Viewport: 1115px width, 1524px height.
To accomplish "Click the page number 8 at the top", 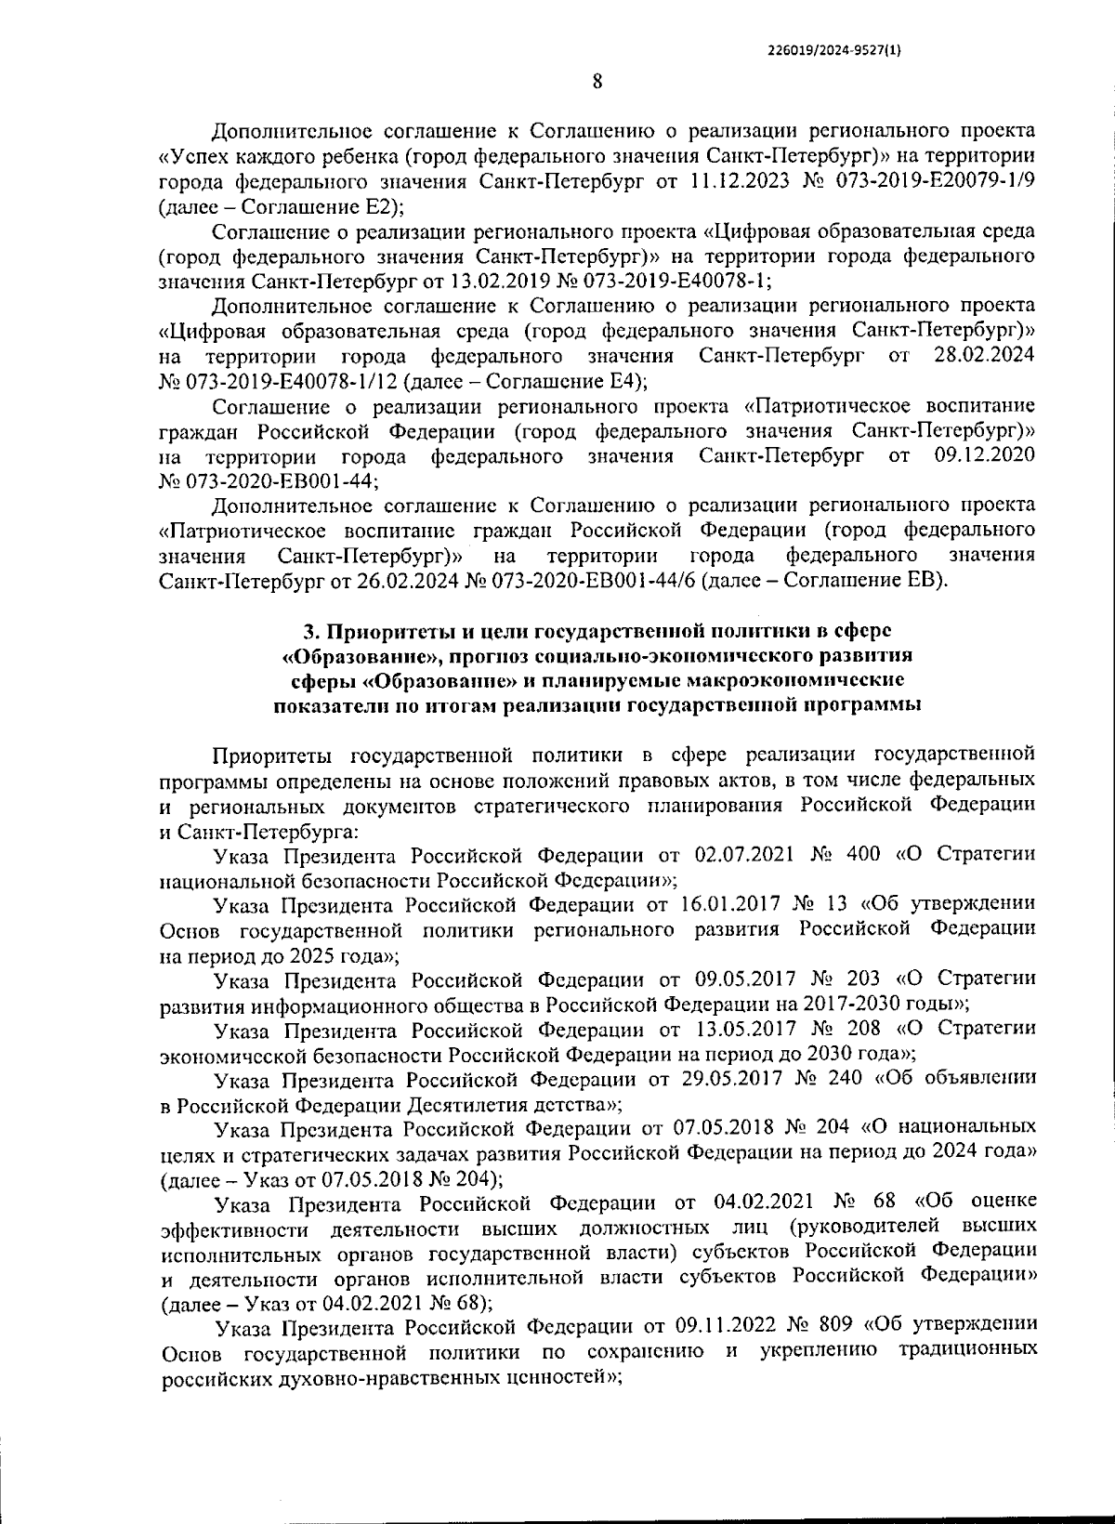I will click(597, 82).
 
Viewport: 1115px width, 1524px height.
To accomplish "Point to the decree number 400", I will click(864, 854).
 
